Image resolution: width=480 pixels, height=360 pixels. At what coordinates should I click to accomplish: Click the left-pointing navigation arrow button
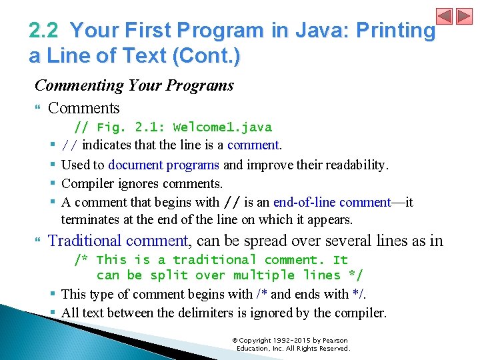(x=445, y=16)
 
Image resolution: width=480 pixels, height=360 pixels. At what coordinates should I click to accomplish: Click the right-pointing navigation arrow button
(x=463, y=16)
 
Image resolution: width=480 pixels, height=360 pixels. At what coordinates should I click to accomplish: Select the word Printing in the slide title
(x=396, y=31)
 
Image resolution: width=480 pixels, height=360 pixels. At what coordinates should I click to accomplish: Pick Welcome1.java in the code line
(x=222, y=127)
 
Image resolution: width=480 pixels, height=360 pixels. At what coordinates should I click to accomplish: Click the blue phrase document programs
(x=163, y=165)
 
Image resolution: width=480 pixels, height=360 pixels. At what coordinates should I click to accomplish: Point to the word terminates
(x=89, y=219)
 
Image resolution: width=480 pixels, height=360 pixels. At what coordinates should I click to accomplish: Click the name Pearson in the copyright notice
(x=331, y=341)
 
